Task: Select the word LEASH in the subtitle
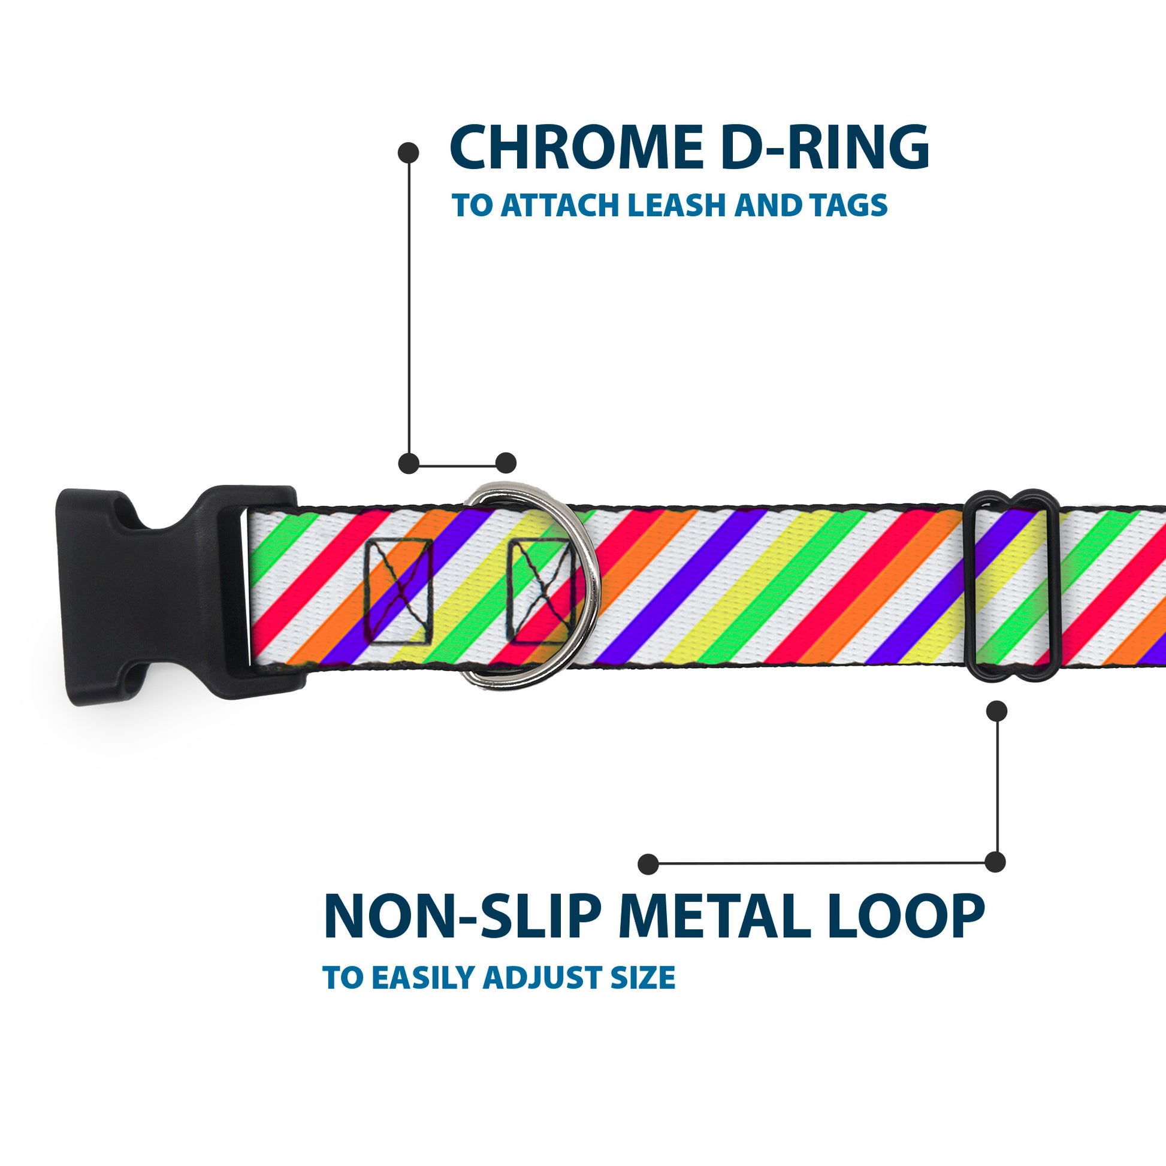point(676,206)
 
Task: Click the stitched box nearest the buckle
point(400,592)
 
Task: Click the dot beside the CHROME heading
point(409,153)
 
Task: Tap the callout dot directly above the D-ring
point(506,463)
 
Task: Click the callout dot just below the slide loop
point(996,711)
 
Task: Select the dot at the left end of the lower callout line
point(648,863)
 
